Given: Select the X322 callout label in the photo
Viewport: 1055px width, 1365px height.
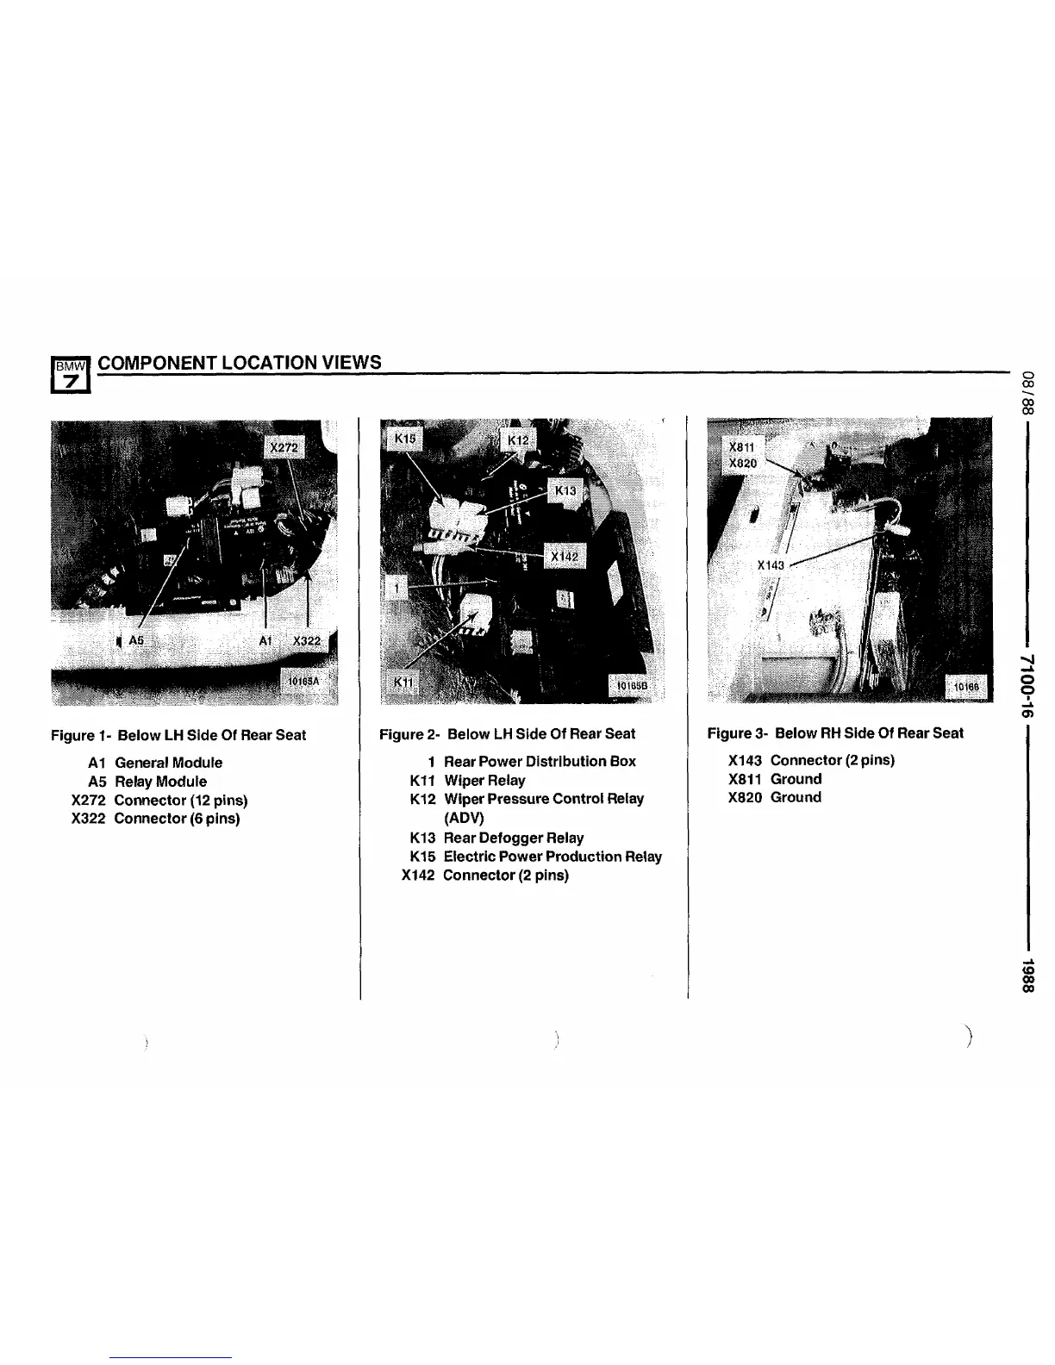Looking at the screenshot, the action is click(x=307, y=640).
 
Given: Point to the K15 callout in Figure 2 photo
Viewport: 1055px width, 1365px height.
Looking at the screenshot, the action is click(x=404, y=439).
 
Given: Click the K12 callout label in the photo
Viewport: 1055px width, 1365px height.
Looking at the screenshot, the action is click(x=518, y=440).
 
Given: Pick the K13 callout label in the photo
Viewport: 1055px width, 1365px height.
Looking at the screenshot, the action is click(x=565, y=490).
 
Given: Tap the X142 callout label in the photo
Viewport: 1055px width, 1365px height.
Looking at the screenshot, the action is click(x=565, y=557).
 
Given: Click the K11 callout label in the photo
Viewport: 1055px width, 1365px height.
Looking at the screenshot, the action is click(x=403, y=682).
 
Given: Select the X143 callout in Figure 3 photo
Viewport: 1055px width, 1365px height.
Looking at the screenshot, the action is click(x=771, y=565).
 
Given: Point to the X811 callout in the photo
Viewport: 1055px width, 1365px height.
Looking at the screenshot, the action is click(x=742, y=448).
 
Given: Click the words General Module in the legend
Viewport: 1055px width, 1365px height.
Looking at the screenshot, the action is click(x=168, y=763).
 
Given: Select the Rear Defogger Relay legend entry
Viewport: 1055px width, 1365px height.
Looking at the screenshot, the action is click(x=513, y=838).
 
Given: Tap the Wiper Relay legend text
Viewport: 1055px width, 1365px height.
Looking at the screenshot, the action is click(x=484, y=780).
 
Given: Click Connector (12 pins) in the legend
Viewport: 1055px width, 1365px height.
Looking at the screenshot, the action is click(x=181, y=800).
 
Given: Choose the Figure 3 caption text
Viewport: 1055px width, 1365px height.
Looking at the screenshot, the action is click(x=835, y=733).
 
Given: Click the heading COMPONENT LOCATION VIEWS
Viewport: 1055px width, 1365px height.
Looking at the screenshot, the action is click(x=240, y=363).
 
